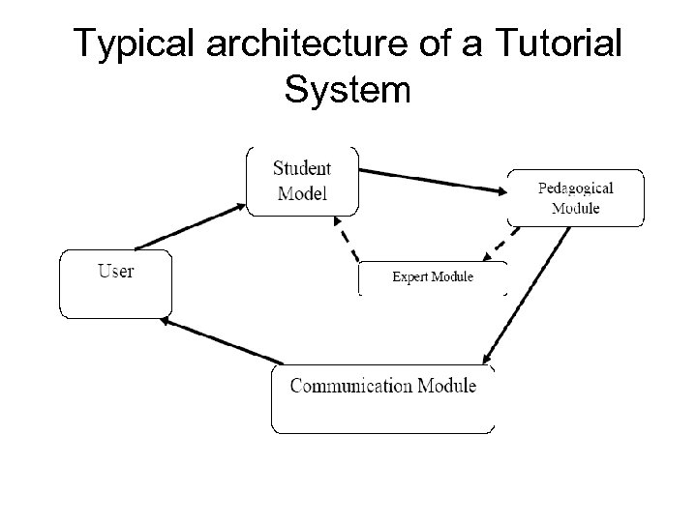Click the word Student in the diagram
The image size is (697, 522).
302,168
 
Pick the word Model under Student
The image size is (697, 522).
302,192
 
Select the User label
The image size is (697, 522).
115,271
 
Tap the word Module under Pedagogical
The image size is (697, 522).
576,207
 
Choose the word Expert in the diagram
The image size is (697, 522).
409,277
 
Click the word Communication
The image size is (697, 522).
351,386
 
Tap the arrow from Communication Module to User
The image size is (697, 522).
220,342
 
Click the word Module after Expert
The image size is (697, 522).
452,277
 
